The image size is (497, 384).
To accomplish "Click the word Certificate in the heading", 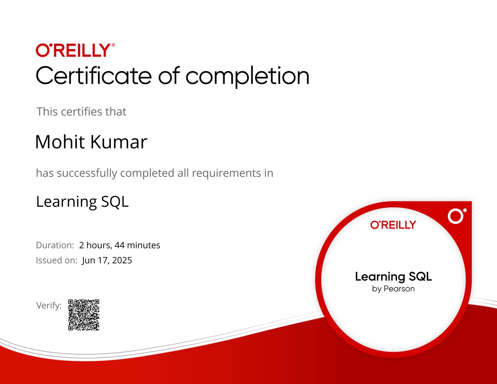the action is pyautogui.click(x=93, y=75).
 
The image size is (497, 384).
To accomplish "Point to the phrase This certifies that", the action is pyautogui.click(x=81, y=112).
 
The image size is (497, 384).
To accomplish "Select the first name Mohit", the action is pyautogui.click(x=60, y=142).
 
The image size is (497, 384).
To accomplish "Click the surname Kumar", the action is pyautogui.click(x=119, y=142).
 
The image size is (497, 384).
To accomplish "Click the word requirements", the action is pyautogui.click(x=226, y=173).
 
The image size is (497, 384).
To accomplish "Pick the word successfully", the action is pyautogui.click(x=87, y=173).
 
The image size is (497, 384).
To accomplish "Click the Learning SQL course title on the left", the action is pyautogui.click(x=82, y=202).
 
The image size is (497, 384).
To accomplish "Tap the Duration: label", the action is pyautogui.click(x=55, y=245).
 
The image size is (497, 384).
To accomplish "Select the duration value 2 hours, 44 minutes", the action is pyautogui.click(x=120, y=245).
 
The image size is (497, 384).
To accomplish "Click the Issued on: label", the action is pyautogui.click(x=56, y=260).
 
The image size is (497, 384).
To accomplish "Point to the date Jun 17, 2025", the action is pyautogui.click(x=107, y=260).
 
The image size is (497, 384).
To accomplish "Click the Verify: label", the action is pyautogui.click(x=49, y=306).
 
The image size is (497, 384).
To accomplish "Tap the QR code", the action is pyautogui.click(x=84, y=315).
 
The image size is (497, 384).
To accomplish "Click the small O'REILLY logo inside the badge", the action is pyautogui.click(x=393, y=225).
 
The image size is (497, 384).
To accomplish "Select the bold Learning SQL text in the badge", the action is pyautogui.click(x=394, y=277).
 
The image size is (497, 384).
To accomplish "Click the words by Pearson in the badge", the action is pyautogui.click(x=394, y=289).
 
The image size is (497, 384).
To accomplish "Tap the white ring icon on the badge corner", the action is pyautogui.click(x=456, y=216).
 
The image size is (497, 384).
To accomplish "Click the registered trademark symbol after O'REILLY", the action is pyautogui.click(x=113, y=45).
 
